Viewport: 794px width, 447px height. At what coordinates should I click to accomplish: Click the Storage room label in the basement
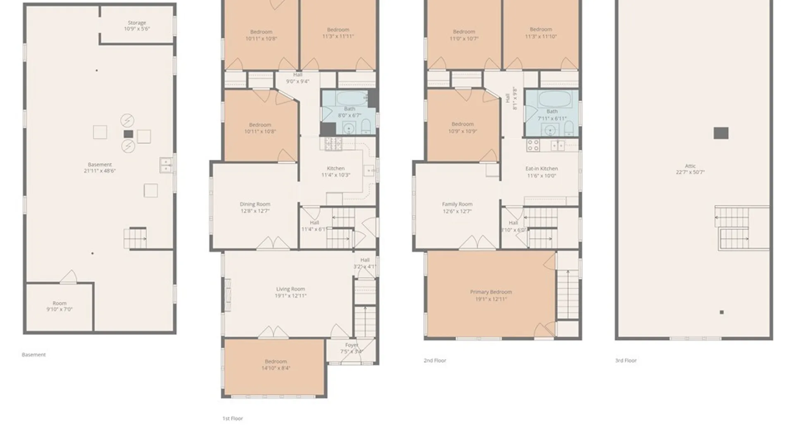coord(137,23)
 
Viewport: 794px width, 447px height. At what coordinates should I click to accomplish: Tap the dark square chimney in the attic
coord(721,133)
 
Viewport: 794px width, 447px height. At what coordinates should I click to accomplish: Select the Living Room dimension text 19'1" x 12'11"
coord(290,296)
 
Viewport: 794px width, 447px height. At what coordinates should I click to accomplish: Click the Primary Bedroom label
coord(491,292)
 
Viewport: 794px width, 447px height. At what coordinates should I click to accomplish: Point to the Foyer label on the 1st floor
coord(352,345)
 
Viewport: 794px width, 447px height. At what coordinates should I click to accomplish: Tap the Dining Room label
coord(255,204)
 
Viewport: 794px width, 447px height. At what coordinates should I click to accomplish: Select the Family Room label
coord(457,204)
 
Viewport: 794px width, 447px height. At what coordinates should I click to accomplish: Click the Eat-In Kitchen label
coord(541,169)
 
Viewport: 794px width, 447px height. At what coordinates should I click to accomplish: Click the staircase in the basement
coord(135,238)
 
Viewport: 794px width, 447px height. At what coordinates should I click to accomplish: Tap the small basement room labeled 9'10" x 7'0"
coord(59,306)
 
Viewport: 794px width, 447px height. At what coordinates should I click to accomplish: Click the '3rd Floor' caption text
coord(626,360)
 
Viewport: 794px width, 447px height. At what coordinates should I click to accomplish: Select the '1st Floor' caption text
coord(232,418)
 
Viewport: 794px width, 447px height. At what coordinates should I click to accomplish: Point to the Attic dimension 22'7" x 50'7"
coord(690,172)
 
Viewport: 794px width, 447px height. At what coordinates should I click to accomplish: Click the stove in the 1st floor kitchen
coord(333,144)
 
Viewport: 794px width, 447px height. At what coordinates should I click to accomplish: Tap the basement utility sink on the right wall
coord(165,165)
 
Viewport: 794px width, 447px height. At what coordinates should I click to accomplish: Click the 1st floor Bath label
coord(349,109)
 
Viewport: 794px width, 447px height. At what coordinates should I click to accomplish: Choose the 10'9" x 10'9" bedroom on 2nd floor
coord(462,127)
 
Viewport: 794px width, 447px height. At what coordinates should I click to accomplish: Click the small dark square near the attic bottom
coord(722,312)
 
